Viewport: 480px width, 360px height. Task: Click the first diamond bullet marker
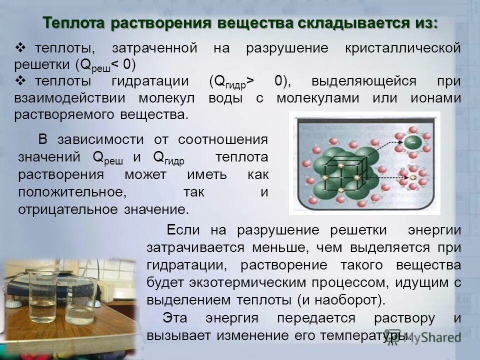click(x=20, y=48)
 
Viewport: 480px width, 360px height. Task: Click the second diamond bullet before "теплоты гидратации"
click(x=20, y=80)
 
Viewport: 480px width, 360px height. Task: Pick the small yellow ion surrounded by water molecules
click(x=413, y=177)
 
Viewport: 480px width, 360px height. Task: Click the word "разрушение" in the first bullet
click(x=287, y=48)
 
